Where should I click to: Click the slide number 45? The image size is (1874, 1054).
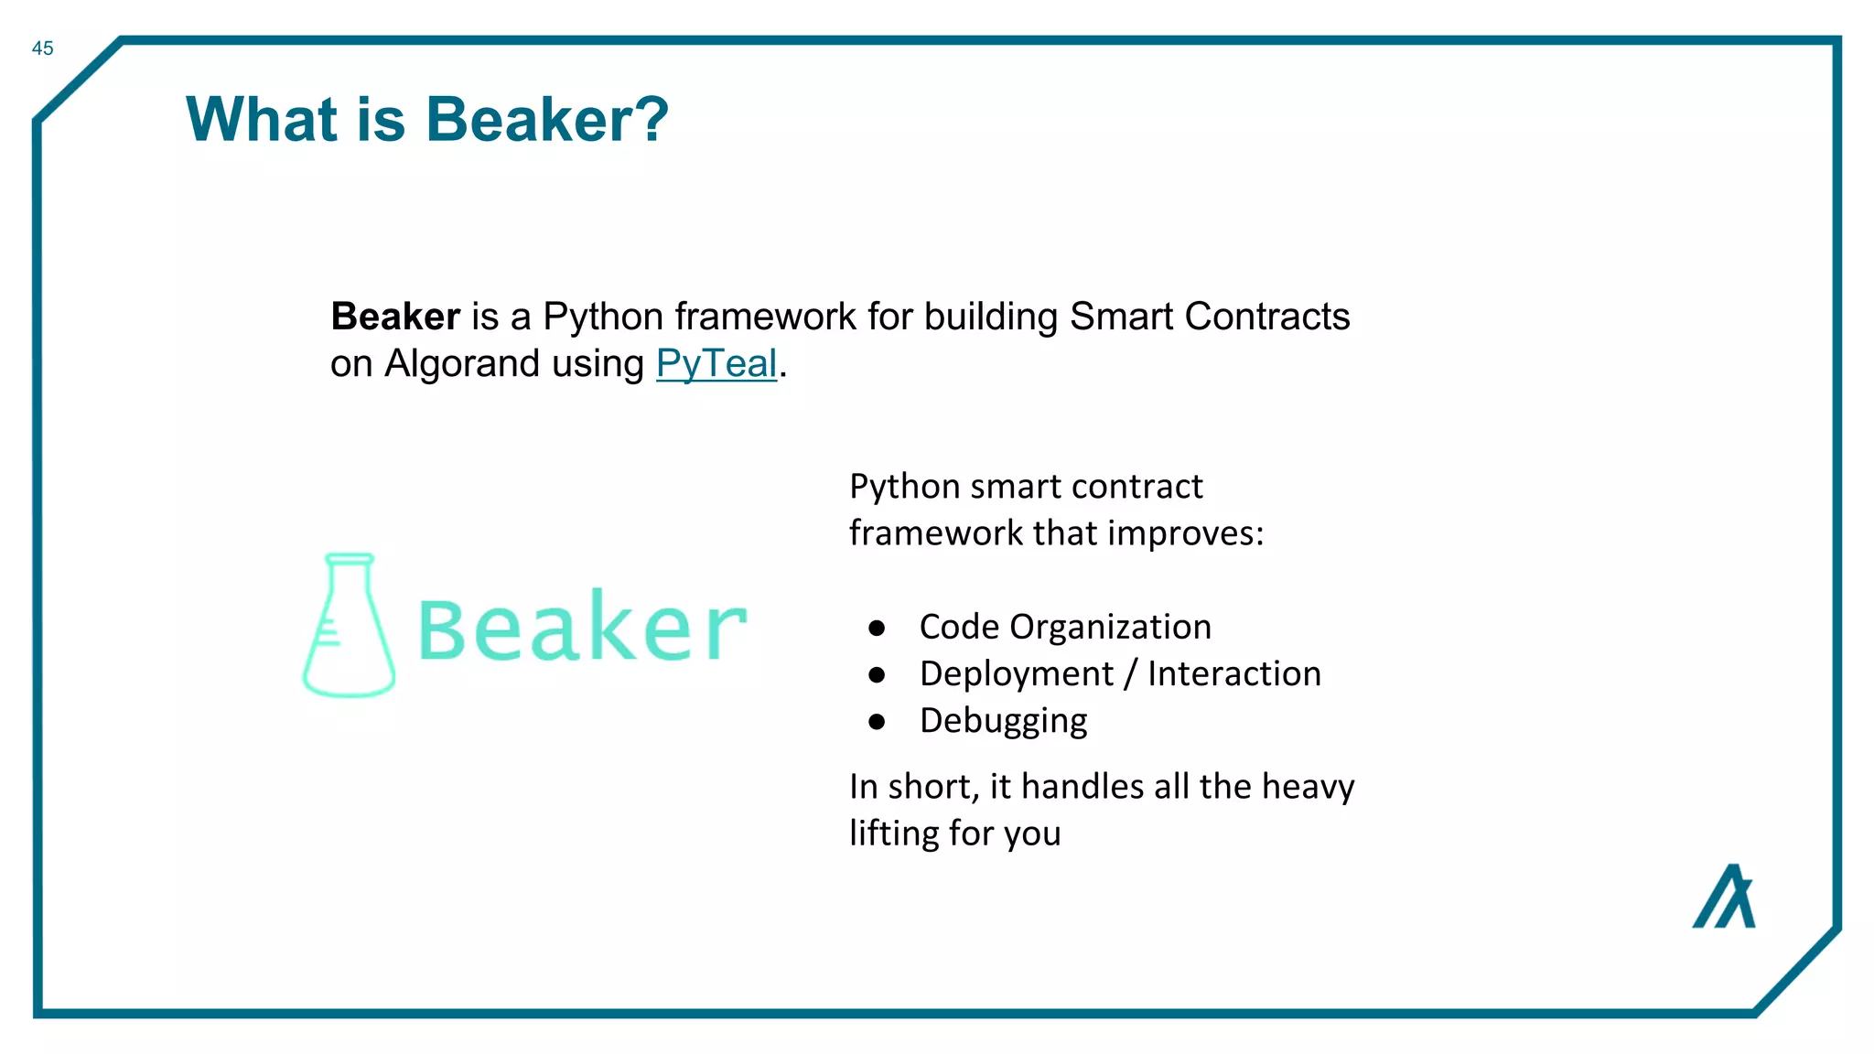click(x=42, y=48)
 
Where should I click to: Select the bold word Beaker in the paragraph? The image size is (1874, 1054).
click(x=394, y=317)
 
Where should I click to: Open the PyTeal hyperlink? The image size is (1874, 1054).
click(x=716, y=364)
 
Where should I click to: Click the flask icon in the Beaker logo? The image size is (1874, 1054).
click(x=349, y=626)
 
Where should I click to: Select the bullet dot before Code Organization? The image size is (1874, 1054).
click(x=877, y=628)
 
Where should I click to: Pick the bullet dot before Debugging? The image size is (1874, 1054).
click(x=877, y=722)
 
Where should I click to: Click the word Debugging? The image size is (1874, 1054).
click(x=1003, y=722)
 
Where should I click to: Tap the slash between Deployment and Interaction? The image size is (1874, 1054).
click(x=1131, y=674)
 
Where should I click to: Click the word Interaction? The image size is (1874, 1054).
click(x=1233, y=674)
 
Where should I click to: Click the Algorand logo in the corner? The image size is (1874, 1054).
click(x=1724, y=897)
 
